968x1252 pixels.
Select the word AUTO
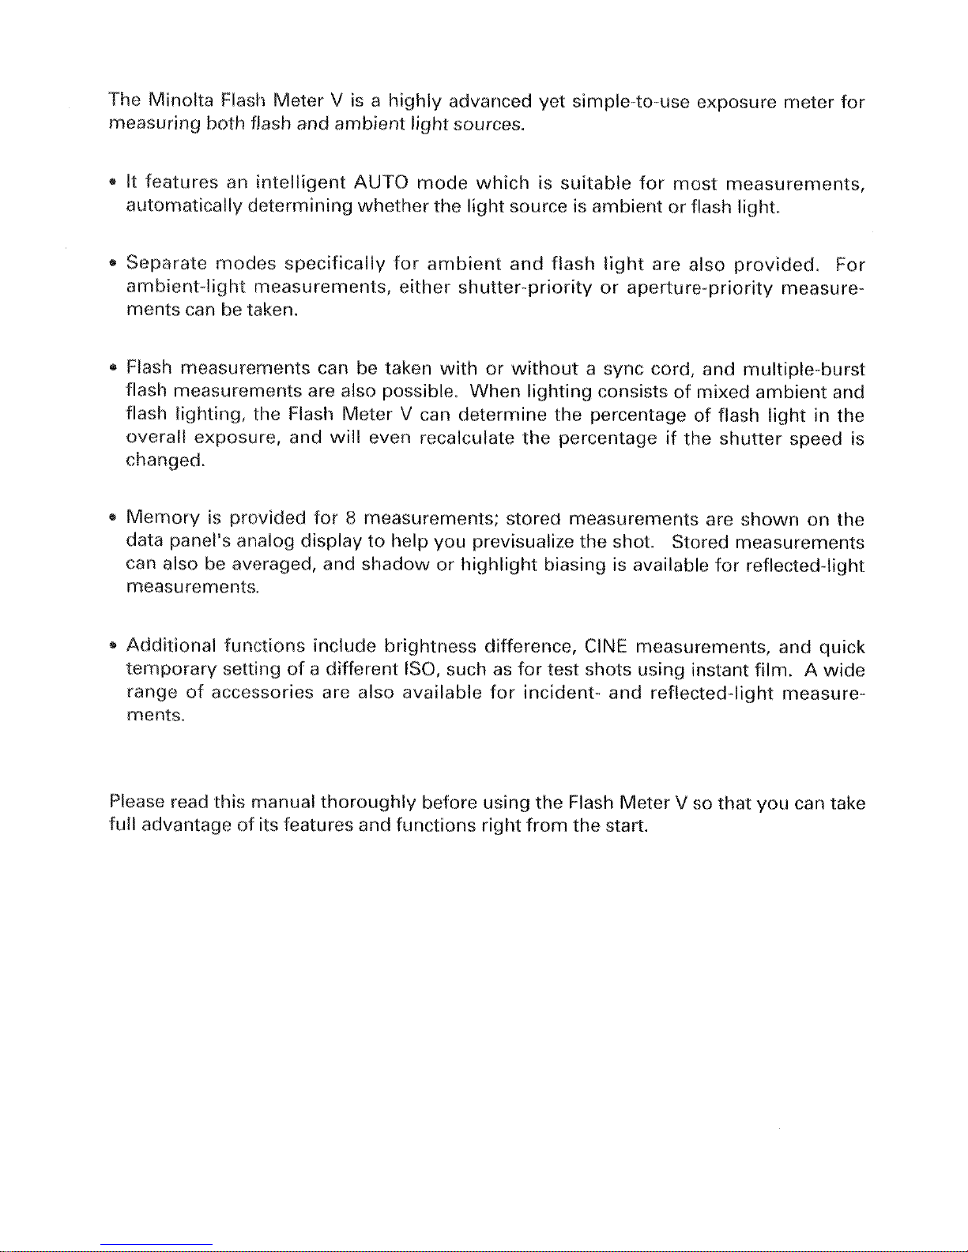click(x=381, y=184)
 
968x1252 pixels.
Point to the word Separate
click(x=164, y=263)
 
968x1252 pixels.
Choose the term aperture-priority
click(x=699, y=286)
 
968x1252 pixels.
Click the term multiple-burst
click(x=802, y=369)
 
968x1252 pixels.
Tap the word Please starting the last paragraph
click(x=135, y=803)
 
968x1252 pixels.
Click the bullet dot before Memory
click(x=115, y=521)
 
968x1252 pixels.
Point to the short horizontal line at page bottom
click(x=156, y=1245)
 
